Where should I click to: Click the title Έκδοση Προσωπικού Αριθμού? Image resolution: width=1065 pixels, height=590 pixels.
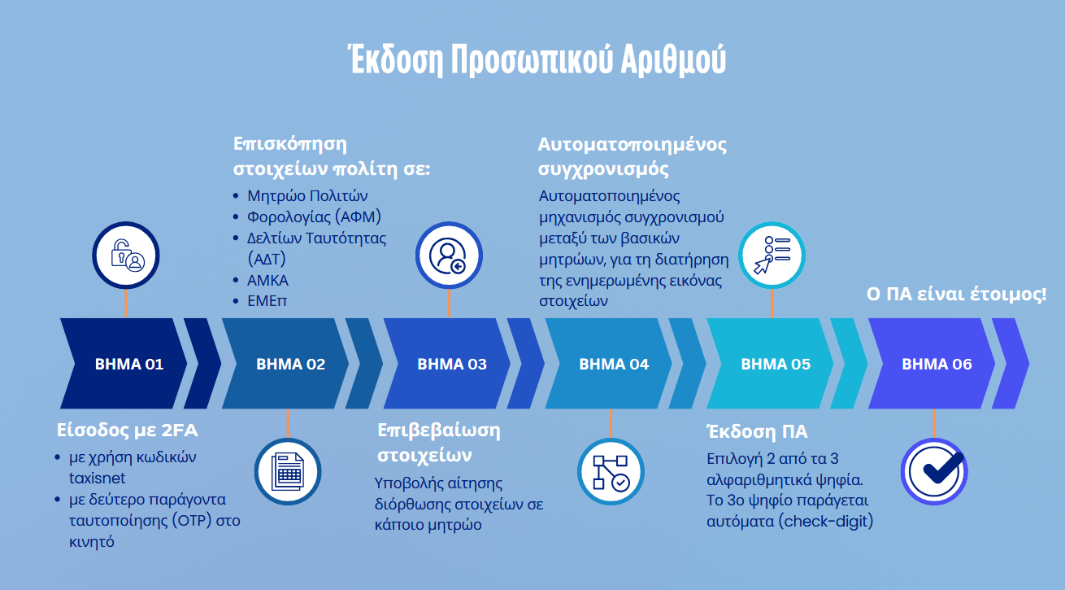pos(537,60)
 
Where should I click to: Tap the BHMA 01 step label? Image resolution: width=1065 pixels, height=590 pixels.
pos(128,364)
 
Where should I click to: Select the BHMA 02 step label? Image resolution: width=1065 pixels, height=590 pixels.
pos(290,364)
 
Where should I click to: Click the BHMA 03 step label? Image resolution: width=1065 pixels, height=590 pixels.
pos(452,364)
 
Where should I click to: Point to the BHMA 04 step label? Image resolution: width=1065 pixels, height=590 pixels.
pos(614,364)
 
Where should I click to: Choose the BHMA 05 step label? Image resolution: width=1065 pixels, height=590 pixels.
pos(776,364)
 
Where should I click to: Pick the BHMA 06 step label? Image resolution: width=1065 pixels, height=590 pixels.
pos(937,364)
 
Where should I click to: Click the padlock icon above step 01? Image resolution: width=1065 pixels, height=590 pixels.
pos(126,256)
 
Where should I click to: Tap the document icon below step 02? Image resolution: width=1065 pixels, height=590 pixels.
pos(288,471)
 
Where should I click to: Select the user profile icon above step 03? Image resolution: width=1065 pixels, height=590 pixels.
pos(449,256)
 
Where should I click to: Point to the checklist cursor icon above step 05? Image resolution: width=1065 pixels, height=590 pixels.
pos(772,256)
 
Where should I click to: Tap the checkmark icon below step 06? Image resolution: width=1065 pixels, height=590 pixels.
pos(934,471)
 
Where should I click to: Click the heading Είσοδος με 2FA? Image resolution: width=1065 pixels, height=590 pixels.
pos(127,430)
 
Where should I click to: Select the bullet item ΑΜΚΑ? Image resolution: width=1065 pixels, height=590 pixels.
pos(267,280)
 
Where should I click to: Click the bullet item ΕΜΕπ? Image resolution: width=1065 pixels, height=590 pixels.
pos(267,301)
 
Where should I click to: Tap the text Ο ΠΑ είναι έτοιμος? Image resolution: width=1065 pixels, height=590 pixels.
pos(957,294)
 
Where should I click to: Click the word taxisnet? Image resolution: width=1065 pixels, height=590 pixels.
pos(97,479)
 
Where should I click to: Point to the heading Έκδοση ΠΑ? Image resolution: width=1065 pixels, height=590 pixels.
pos(757,431)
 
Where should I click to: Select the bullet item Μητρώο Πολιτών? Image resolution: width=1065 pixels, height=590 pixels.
pos(307,196)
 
